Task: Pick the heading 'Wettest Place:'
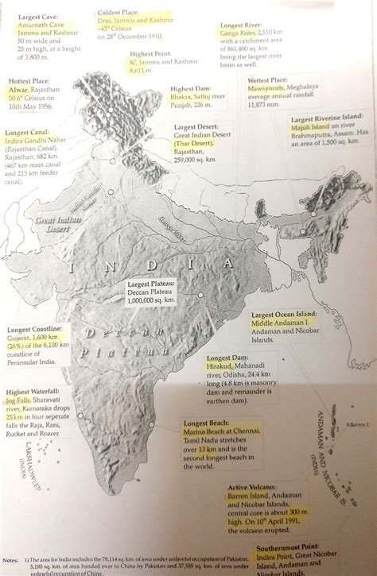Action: tap(268, 80)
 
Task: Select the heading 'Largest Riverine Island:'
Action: tap(328, 117)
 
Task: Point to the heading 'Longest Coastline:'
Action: tap(31, 328)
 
